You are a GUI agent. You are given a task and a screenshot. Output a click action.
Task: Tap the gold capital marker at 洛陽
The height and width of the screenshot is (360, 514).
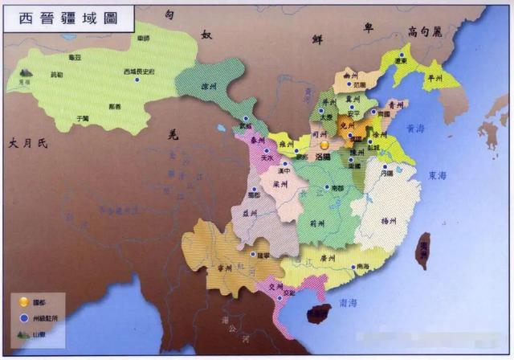click(x=324, y=145)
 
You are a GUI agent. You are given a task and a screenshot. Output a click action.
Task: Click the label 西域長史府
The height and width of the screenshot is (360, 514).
click(x=137, y=72)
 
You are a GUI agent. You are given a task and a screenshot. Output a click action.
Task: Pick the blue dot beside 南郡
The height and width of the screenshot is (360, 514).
click(x=326, y=188)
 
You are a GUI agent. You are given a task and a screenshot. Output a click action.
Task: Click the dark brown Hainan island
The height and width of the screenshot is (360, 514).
click(x=320, y=314)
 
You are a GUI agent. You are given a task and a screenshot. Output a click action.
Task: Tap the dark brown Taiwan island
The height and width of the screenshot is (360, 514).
click(x=422, y=251)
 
